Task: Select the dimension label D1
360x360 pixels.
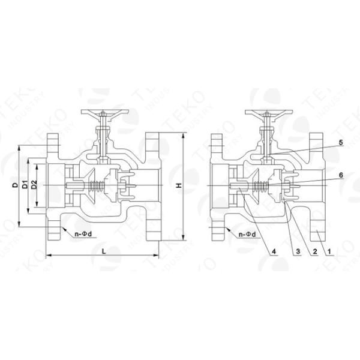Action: pyautogui.click(x=25, y=185)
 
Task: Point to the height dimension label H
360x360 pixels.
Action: pyautogui.click(x=178, y=186)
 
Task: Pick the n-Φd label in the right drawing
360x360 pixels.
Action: pyautogui.click(x=248, y=233)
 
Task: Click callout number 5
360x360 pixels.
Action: pyautogui.click(x=340, y=143)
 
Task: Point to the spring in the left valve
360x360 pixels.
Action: pyautogui.click(x=95, y=186)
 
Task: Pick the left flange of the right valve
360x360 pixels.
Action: pyautogui.click(x=217, y=186)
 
